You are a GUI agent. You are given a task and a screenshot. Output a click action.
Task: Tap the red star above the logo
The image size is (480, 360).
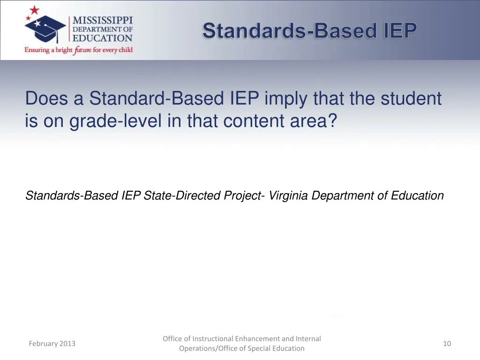pyautogui.click(x=35, y=10)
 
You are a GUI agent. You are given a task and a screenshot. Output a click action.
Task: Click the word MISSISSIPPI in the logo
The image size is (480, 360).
pyautogui.click(x=102, y=21)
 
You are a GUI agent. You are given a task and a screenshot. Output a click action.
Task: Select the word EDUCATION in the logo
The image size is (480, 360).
pyautogui.click(x=102, y=38)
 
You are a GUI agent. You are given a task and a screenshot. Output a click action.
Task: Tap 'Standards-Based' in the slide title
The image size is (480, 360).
pyautogui.click(x=289, y=31)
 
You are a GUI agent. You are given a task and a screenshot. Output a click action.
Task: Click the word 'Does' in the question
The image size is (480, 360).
pyautogui.click(x=47, y=98)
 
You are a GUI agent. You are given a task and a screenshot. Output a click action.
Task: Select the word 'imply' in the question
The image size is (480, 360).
pyautogui.click(x=285, y=98)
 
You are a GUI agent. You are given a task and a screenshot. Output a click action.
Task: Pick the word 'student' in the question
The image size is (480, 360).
pyautogui.click(x=411, y=98)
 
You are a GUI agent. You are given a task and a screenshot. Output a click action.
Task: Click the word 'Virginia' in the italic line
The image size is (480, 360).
pyautogui.click(x=288, y=195)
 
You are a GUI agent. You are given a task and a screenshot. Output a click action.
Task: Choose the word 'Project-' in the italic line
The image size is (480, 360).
pyautogui.click(x=243, y=195)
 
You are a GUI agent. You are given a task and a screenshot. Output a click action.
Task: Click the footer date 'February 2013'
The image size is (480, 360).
pyautogui.click(x=52, y=344)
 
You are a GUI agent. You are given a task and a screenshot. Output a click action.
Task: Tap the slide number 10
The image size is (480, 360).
pyautogui.click(x=447, y=344)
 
